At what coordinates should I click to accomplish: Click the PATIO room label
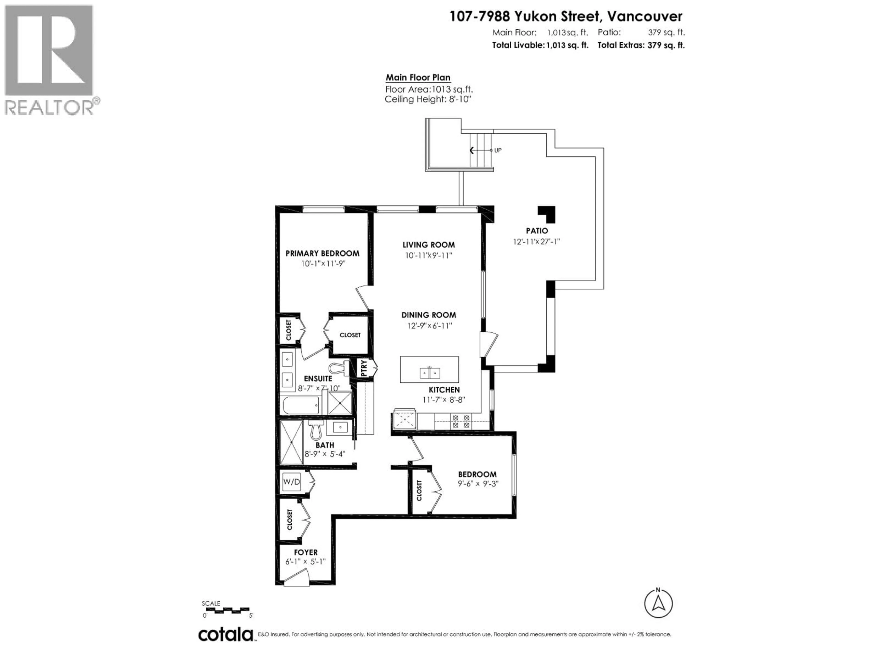[537, 231]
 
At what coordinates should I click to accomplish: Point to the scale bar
[226, 610]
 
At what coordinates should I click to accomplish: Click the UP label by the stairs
[497, 150]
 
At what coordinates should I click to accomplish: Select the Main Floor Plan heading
[418, 78]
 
